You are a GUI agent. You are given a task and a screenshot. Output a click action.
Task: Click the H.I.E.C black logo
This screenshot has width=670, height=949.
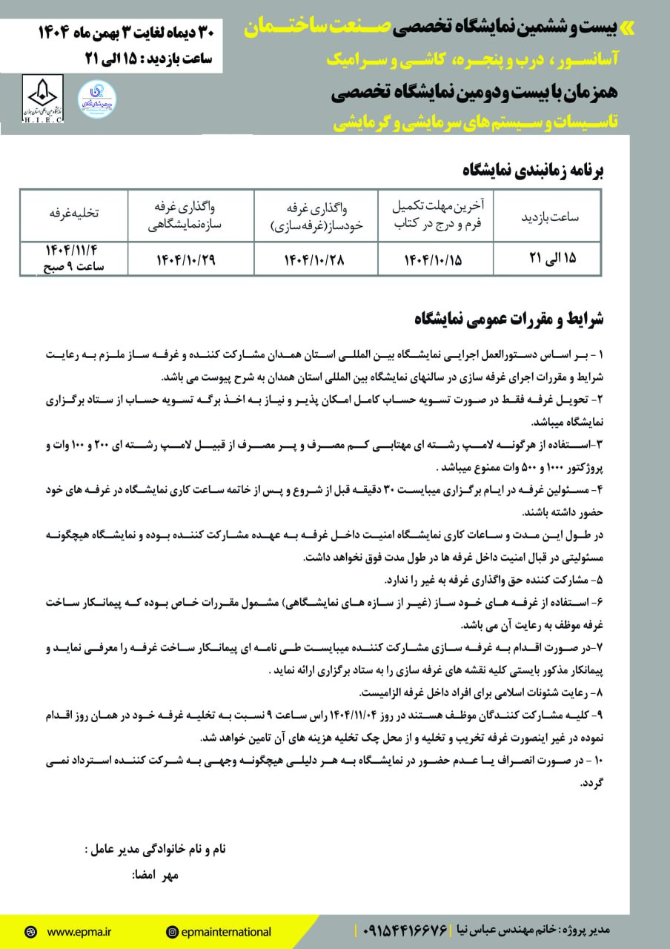pos(44,99)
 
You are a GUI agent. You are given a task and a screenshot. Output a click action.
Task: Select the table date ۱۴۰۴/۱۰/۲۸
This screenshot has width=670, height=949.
pos(316,259)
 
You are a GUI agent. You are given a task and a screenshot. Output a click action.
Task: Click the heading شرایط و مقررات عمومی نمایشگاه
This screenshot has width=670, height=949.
pos(510,320)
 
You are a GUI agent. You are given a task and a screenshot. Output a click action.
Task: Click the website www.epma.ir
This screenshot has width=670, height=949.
pos(77,932)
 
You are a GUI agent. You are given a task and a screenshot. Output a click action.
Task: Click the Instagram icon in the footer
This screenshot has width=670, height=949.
pos(172,932)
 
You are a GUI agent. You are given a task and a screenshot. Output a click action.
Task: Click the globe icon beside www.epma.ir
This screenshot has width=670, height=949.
pos(30,932)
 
